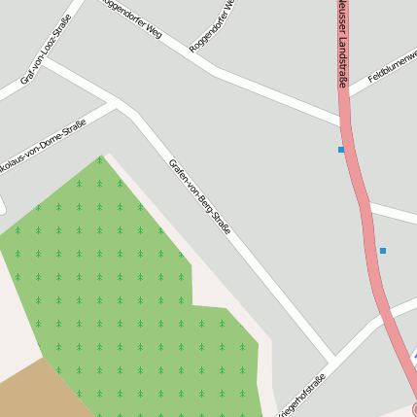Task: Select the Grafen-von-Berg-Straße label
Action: point(199,197)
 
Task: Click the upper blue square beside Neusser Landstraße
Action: point(341,150)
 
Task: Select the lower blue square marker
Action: point(383,251)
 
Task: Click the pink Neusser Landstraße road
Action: point(362,194)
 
